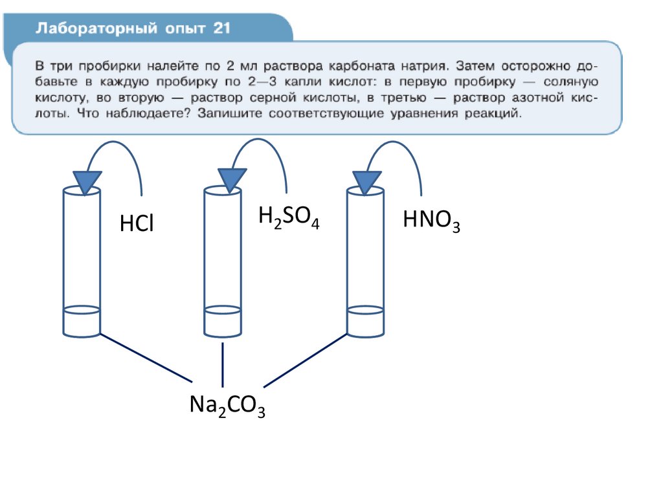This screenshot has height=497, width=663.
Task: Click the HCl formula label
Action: point(137,224)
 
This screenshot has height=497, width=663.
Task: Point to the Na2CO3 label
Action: point(227,406)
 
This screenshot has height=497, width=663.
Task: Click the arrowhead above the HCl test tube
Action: point(87,181)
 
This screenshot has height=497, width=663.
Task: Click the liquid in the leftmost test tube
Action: point(82,322)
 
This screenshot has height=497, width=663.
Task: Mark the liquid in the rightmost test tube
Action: point(365,322)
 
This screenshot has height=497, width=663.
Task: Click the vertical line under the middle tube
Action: point(223,364)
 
